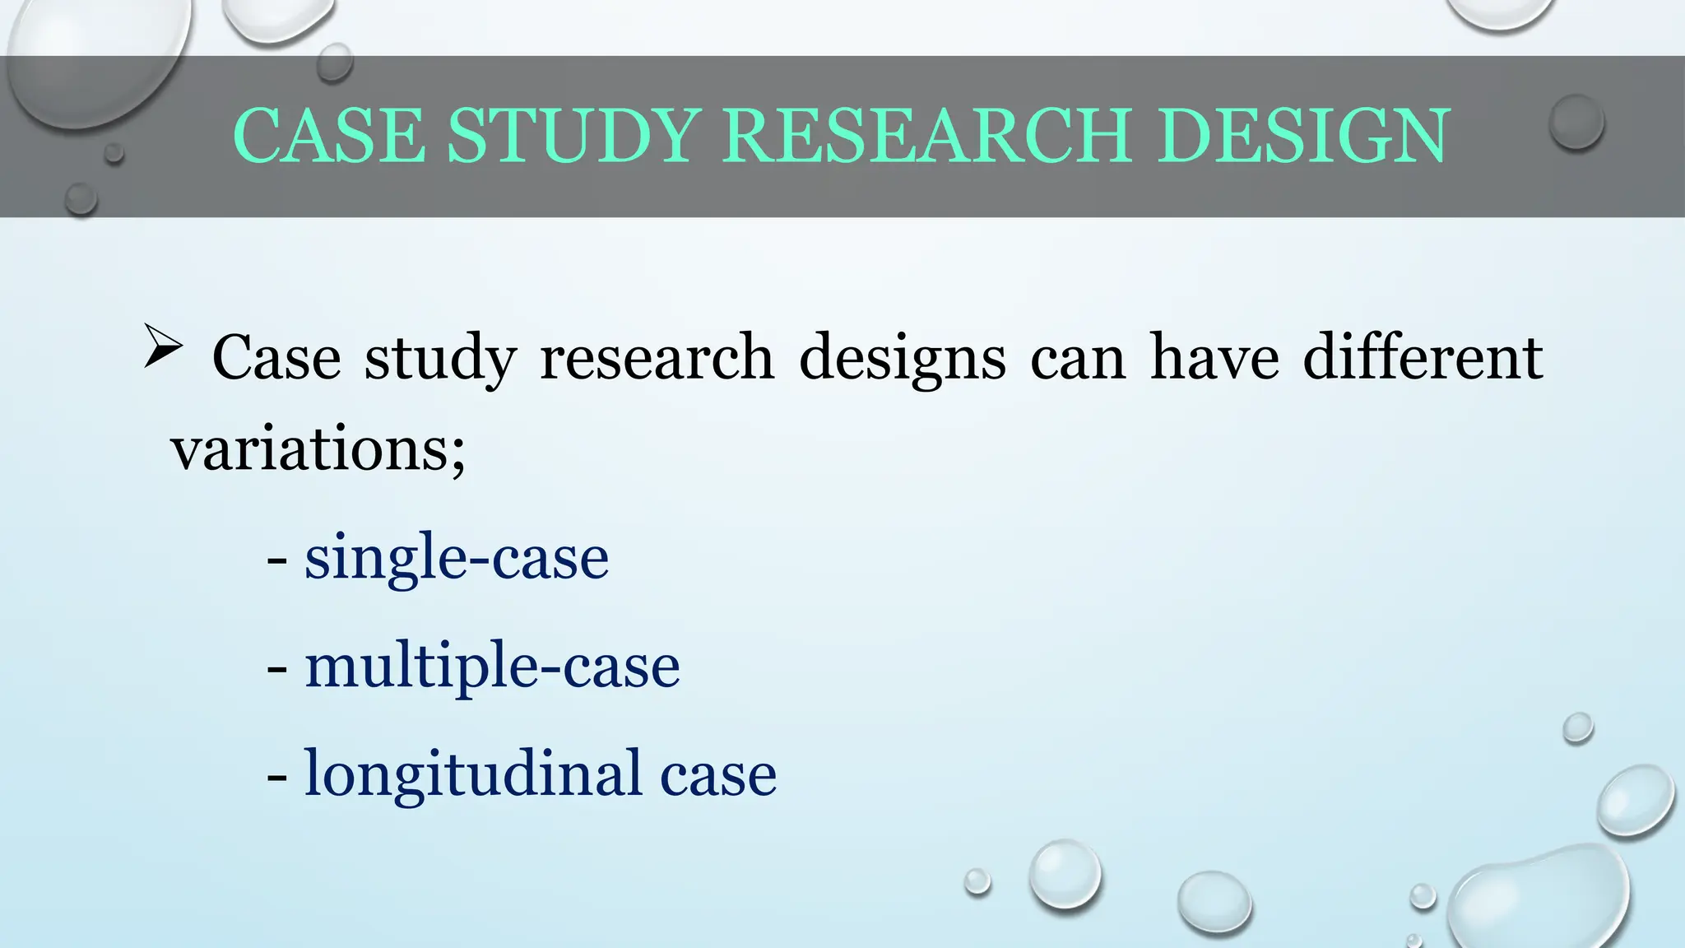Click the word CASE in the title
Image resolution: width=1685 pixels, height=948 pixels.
tap(329, 136)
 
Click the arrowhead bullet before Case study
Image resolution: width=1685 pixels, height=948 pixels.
tap(162, 346)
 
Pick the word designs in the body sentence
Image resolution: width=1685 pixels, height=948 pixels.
tap(903, 358)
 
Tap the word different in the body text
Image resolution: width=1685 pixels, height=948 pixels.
tap(1423, 358)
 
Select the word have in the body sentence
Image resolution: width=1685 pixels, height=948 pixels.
tap(1214, 358)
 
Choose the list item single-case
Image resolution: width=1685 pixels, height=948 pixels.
tap(457, 558)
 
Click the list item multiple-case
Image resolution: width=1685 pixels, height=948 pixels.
tap(492, 666)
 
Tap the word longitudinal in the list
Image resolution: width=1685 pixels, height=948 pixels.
tap(473, 774)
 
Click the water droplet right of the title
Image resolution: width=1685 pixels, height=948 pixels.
tap(1576, 122)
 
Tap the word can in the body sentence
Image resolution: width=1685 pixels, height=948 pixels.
tap(1078, 358)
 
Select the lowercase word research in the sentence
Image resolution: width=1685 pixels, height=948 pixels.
tap(657, 358)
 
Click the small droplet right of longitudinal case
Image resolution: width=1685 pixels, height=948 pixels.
tap(1577, 727)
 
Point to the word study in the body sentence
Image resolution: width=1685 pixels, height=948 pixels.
tap(440, 358)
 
